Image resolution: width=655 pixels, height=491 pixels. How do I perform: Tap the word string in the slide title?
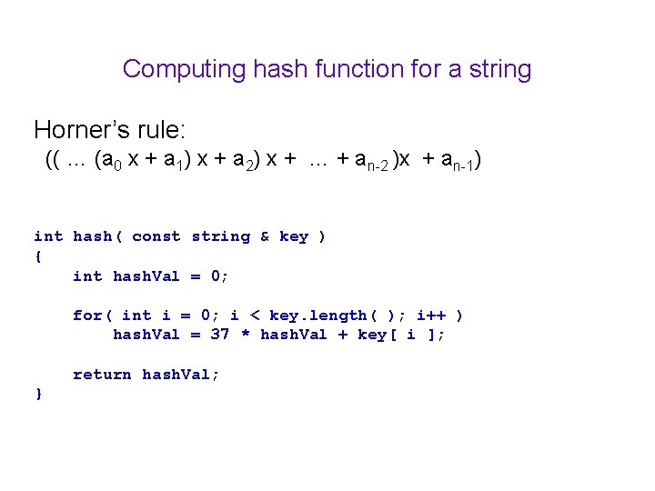click(499, 69)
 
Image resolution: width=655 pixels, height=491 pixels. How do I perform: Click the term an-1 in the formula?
click(460, 163)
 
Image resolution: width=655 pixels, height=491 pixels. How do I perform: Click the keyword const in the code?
click(156, 236)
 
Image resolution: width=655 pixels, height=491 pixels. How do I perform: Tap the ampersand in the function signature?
click(265, 236)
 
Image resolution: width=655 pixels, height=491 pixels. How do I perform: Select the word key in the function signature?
click(294, 236)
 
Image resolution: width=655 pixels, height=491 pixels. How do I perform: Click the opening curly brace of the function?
click(38, 256)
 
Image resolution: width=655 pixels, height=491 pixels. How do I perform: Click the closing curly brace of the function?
click(38, 394)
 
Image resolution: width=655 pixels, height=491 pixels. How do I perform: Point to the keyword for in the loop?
click(87, 316)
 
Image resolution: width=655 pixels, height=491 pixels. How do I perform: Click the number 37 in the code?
click(220, 335)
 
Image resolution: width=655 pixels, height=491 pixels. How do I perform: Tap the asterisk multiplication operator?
click(245, 335)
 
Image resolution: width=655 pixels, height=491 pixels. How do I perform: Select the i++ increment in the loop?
click(431, 316)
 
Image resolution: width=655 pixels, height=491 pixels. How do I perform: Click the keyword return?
click(102, 374)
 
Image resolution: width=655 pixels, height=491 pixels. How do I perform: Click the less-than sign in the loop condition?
click(255, 316)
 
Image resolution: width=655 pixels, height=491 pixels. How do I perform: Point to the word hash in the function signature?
click(92, 236)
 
